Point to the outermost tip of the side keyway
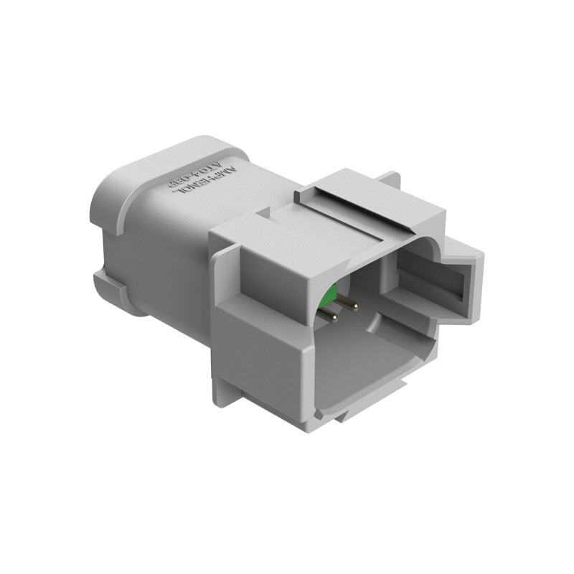(x=479, y=287)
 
